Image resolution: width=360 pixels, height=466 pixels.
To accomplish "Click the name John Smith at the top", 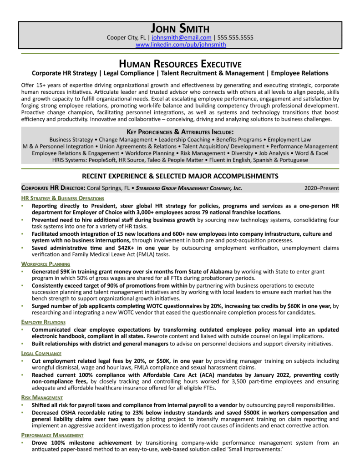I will [x=180, y=28].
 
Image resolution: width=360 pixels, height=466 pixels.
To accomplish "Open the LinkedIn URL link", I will [x=181, y=45].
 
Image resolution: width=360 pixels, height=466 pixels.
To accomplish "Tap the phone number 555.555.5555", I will [x=235, y=38].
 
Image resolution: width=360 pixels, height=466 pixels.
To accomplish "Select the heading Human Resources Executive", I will [x=180, y=64].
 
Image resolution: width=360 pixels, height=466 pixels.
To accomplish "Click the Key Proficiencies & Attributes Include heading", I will [x=180, y=132].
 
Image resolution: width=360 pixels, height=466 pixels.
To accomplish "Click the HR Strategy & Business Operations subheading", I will [x=62, y=198].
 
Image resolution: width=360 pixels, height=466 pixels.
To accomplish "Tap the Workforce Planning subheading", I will [x=46, y=263].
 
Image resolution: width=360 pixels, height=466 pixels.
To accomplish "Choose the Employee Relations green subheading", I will [x=43, y=322].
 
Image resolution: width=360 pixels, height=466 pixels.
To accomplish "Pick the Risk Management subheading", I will [x=42, y=397].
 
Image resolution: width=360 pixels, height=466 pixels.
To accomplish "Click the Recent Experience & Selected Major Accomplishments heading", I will [x=180, y=176].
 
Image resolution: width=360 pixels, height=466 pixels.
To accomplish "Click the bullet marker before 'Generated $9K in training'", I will [x=23, y=271].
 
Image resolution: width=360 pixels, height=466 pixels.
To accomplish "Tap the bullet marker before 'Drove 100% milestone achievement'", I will [x=23, y=442].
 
